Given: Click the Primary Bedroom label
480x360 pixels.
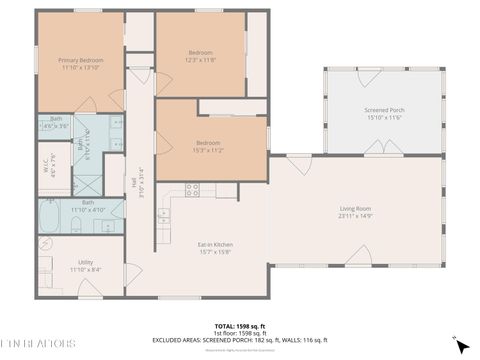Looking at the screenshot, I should pyautogui.click(x=81, y=65).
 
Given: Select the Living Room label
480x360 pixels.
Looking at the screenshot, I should pyautogui.click(x=354, y=211).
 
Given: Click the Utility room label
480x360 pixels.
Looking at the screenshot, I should pyautogui.click(x=85, y=265).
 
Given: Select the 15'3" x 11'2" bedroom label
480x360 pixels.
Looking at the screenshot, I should pyautogui.click(x=209, y=145).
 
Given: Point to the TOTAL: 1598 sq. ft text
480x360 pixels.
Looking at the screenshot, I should pyautogui.click(x=239, y=326).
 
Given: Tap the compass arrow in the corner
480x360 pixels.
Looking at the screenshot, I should pyautogui.click(x=461, y=345).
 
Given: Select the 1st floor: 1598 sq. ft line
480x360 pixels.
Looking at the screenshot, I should pyautogui.click(x=239, y=333).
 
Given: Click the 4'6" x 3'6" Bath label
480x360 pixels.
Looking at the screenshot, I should pyautogui.click(x=56, y=122).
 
